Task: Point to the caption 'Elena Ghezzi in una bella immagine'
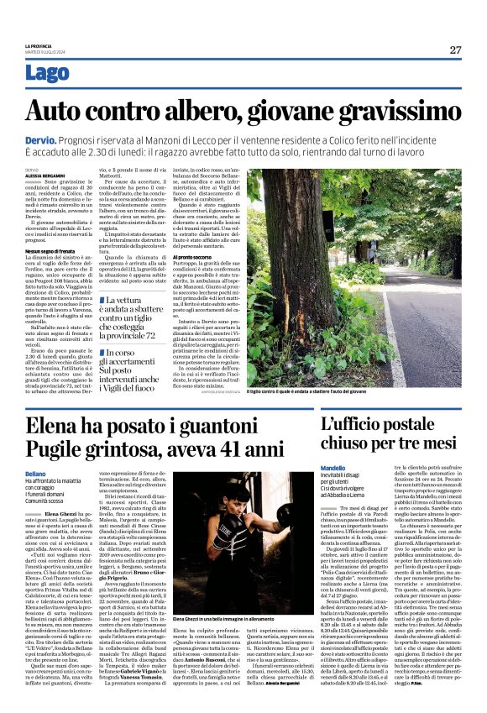[227, 620]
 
